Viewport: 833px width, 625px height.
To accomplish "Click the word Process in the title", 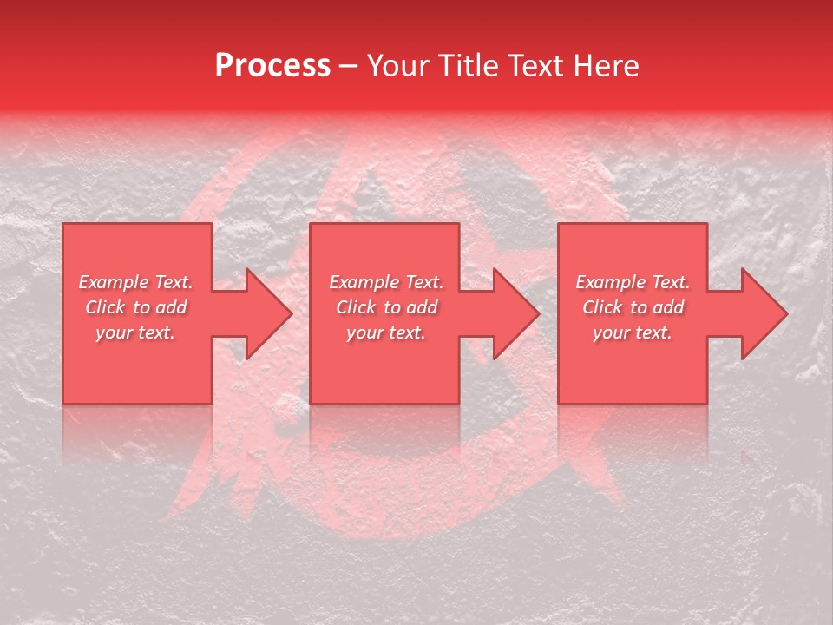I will pyautogui.click(x=272, y=66).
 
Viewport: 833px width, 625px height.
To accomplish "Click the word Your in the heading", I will pyautogui.click(x=397, y=66).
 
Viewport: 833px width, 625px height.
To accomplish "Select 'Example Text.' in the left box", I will pyautogui.click(x=136, y=282).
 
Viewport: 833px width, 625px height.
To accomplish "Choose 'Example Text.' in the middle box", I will pyautogui.click(x=386, y=282).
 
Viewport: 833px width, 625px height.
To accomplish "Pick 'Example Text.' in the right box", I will pyautogui.click(x=633, y=282).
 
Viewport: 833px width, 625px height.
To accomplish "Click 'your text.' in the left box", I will pyautogui.click(x=135, y=332).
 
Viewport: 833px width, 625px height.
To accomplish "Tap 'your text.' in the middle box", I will pyautogui.click(x=386, y=332).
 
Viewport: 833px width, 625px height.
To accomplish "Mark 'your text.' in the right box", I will pyautogui.click(x=633, y=332).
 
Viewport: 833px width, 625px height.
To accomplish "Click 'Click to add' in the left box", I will pyautogui.click(x=136, y=307).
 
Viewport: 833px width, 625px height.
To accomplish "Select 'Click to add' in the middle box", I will pyautogui.click(x=386, y=307).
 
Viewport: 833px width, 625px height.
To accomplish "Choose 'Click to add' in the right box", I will pyautogui.click(x=633, y=307).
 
